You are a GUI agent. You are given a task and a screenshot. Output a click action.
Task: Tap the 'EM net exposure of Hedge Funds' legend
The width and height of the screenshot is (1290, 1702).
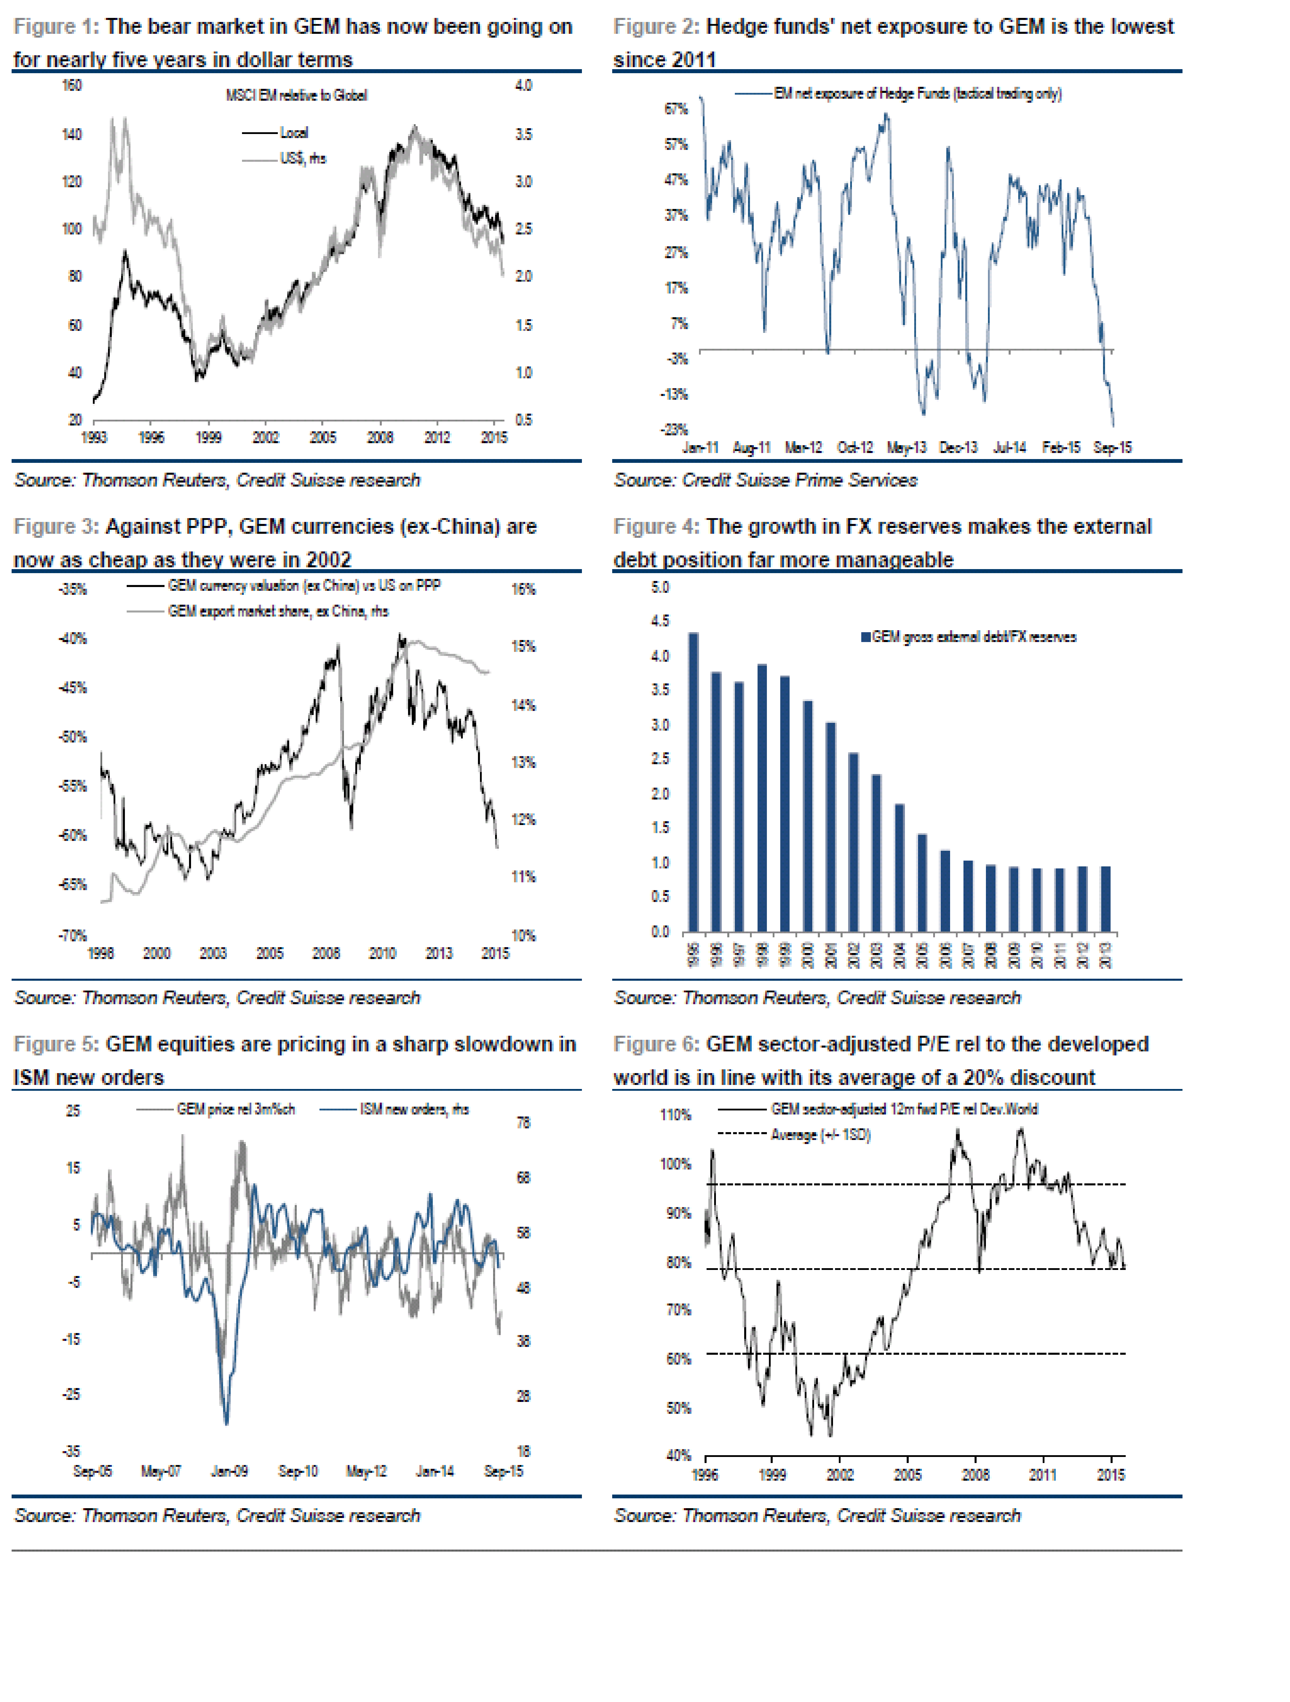[917, 94]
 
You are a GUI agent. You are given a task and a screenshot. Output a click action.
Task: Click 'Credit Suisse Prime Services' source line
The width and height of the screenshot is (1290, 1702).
[765, 480]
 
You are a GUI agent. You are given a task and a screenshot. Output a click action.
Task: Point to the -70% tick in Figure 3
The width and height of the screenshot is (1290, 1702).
[73, 936]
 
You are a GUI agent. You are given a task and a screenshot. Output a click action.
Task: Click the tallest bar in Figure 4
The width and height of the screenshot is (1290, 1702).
[693, 782]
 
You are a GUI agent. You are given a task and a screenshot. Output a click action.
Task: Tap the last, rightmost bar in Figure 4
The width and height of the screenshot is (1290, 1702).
[1105, 899]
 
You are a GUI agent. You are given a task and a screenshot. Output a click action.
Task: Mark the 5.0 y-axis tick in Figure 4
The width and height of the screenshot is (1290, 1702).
[660, 588]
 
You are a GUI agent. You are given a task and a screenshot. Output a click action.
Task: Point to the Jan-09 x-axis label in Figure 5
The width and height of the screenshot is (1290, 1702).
[229, 1471]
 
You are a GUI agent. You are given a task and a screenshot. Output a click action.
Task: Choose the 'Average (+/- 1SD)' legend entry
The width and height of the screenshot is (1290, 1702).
[820, 1135]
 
